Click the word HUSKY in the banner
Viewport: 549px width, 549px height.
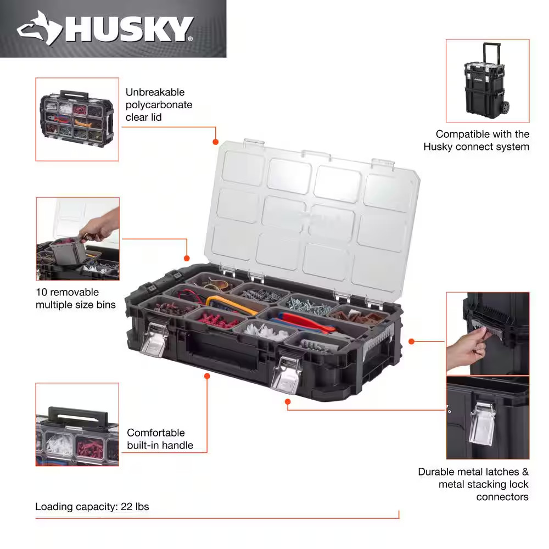[x=129, y=29]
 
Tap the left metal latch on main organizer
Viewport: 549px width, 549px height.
[x=154, y=340]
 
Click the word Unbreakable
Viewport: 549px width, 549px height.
[x=155, y=92]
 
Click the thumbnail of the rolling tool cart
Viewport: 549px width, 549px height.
[x=487, y=81]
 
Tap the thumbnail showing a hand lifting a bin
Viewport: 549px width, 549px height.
[x=77, y=239]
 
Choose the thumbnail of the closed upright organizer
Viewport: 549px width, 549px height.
[x=77, y=119]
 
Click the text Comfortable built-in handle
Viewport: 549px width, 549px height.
[x=160, y=439]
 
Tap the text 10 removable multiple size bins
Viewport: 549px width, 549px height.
[x=76, y=298]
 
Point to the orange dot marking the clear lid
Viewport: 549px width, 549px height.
[x=216, y=142]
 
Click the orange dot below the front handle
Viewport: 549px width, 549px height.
[x=207, y=376]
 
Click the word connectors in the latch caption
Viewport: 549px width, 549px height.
[x=502, y=497]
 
